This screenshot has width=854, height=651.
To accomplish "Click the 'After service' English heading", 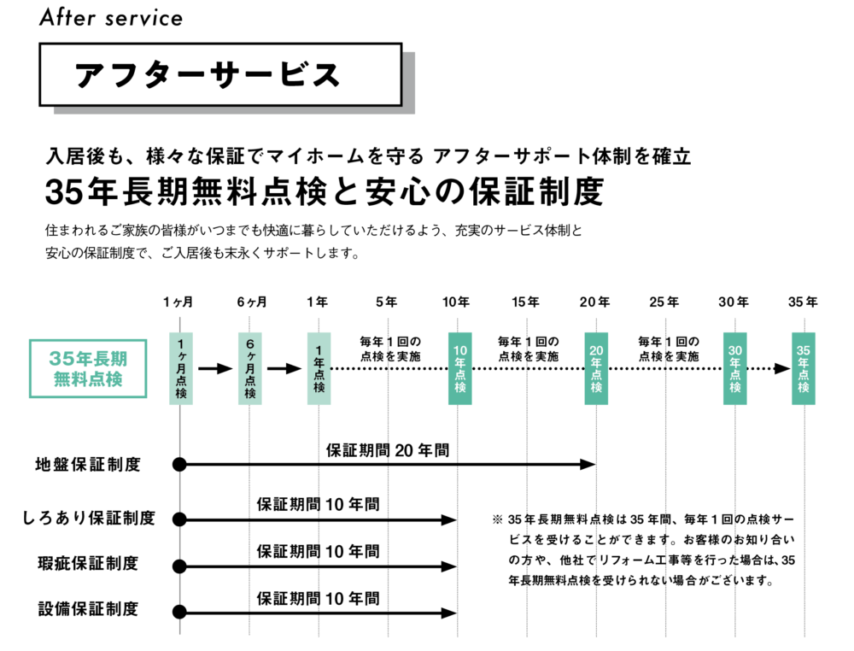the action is coord(111,17).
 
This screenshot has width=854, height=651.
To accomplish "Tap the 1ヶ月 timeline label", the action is coord(178,302).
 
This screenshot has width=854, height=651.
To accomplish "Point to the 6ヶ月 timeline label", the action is coord(252,302).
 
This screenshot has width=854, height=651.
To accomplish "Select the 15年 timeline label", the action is coord(525,302).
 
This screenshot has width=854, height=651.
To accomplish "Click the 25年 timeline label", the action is coord(664,302).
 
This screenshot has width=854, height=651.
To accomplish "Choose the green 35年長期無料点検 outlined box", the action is coord(88,369).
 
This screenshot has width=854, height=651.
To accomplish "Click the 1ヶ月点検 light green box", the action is coord(181,369).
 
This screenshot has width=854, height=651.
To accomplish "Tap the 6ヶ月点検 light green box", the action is coord(250,369).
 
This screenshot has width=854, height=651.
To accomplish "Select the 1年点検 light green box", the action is coord(319,369).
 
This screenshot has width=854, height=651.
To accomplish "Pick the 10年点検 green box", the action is coord(460,369).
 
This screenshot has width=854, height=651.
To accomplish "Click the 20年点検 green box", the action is coord(596,369).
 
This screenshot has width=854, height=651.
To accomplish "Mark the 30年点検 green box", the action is coord(735,369).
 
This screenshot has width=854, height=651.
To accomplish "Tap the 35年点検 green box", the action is coord(804,369).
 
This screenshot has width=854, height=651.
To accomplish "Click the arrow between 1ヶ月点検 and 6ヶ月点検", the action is coord(216,369).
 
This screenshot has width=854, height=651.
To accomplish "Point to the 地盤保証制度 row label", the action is coord(88,465).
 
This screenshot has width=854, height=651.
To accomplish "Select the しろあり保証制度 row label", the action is coord(89,518).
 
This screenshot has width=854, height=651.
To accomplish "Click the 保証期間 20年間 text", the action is coord(388,450).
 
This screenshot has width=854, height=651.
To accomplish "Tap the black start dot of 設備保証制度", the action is coord(179,613).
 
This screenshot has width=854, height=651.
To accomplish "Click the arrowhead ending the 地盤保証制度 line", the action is coord(588,465).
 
